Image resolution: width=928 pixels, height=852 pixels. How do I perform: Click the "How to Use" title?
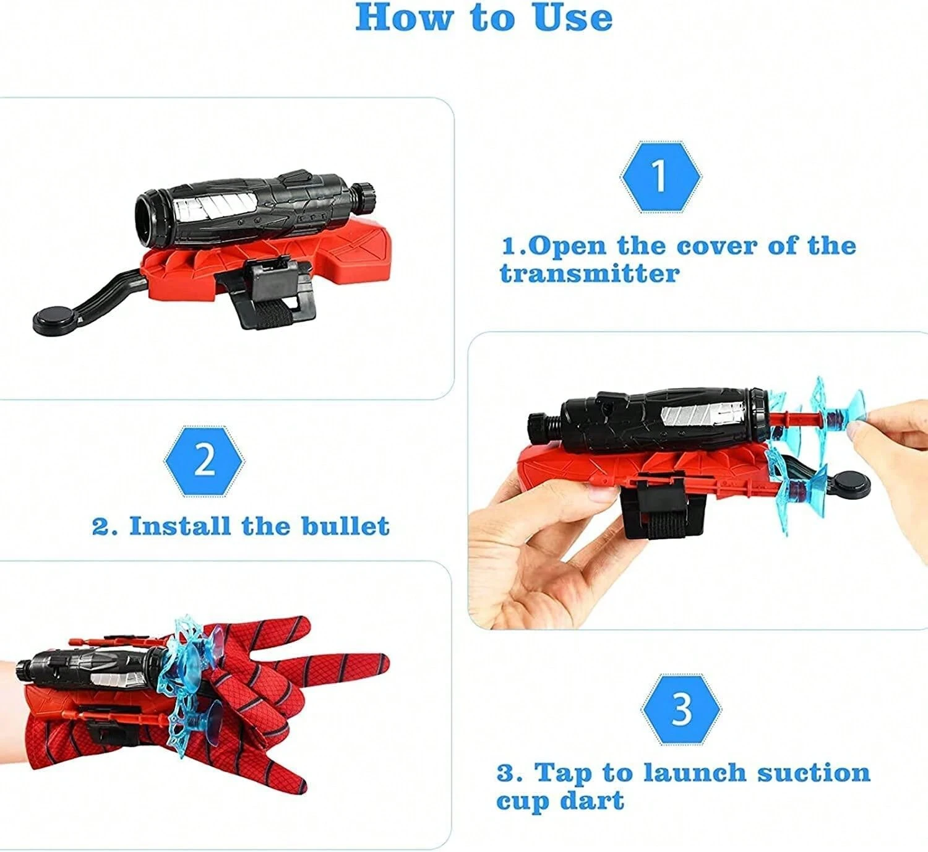click(x=484, y=17)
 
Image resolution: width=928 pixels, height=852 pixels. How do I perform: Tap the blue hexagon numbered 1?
click(x=660, y=176)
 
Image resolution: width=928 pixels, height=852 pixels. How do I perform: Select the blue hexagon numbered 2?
click(x=204, y=460)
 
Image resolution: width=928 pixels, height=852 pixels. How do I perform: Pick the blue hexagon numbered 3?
click(x=681, y=710)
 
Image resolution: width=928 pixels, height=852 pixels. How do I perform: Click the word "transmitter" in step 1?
click(x=590, y=273)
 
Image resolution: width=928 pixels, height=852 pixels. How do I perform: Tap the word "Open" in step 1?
click(x=569, y=246)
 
